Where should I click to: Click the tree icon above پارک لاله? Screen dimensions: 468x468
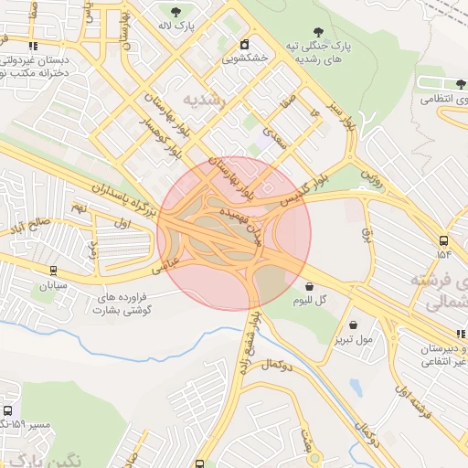(175, 11)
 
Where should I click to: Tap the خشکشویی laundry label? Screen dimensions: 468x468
(244, 58)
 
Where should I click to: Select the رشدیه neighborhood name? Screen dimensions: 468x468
(203, 100)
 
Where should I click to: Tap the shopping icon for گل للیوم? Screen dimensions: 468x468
(309, 286)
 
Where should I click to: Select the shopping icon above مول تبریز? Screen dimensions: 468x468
(353, 324)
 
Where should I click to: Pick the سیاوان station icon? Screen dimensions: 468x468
(53, 271)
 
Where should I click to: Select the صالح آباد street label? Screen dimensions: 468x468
(30, 225)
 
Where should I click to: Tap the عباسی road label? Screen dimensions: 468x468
(173, 261)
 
